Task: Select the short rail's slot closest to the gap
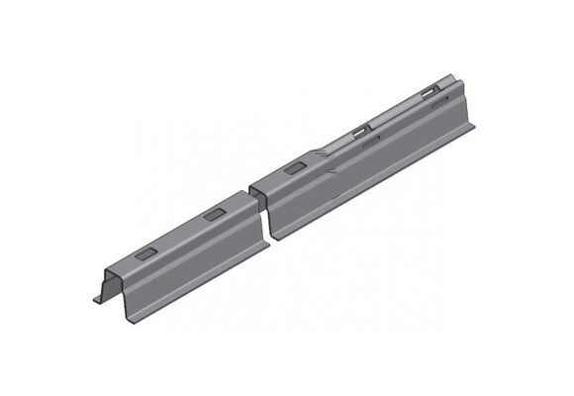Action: (213, 215)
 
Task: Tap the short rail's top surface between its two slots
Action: (178, 235)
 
